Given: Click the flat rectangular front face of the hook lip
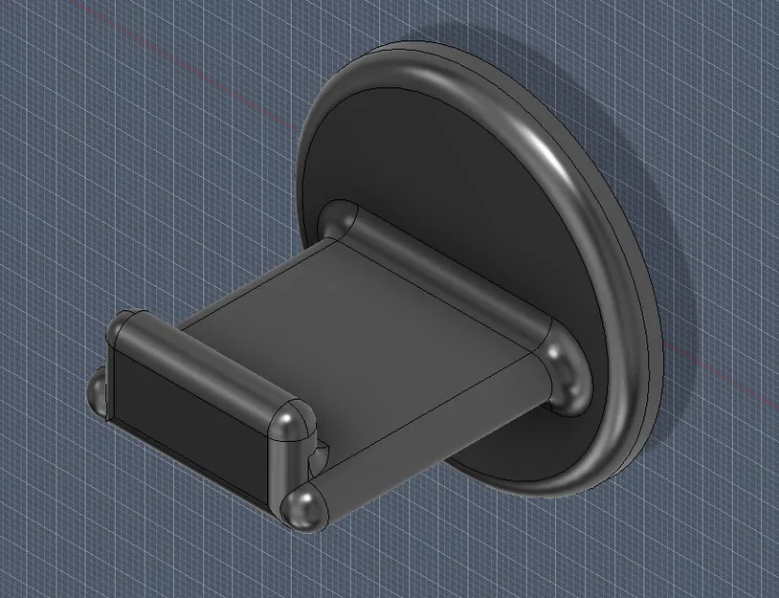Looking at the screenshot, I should (187, 411).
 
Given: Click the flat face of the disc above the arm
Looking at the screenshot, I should (431, 153).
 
